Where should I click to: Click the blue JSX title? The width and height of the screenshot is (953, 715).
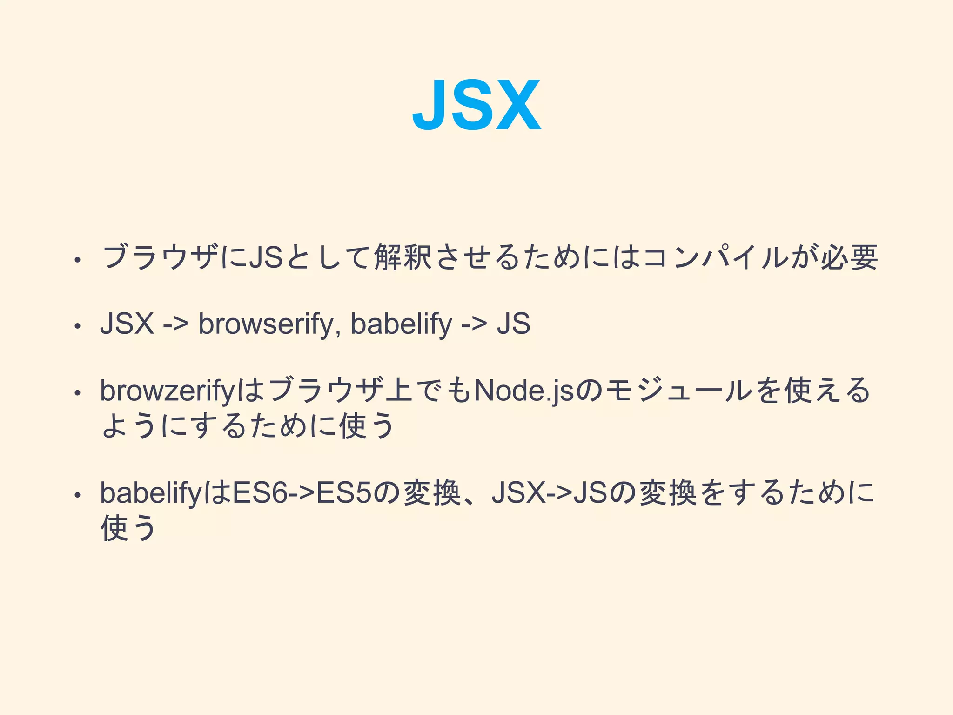tap(476, 105)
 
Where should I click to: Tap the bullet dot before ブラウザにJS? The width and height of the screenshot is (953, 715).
tap(78, 260)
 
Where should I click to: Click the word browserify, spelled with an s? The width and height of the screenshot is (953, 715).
tap(266, 324)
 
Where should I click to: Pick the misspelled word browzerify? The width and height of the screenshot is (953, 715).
tap(168, 391)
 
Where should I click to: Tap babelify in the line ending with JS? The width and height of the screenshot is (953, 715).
tap(401, 324)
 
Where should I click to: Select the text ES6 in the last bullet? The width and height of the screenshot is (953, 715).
tap(261, 493)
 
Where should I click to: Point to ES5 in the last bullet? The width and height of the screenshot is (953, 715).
tap(344, 493)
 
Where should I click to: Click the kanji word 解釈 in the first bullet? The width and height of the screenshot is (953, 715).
tap(403, 257)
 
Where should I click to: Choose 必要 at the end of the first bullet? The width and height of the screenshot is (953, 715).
tap(849, 257)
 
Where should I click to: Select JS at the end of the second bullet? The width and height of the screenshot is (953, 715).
tap(513, 324)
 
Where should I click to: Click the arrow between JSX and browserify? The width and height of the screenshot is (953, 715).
tap(176, 324)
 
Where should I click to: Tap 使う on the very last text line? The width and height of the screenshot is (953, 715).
tap(128, 528)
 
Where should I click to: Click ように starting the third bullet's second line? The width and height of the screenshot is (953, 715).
tap(142, 426)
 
